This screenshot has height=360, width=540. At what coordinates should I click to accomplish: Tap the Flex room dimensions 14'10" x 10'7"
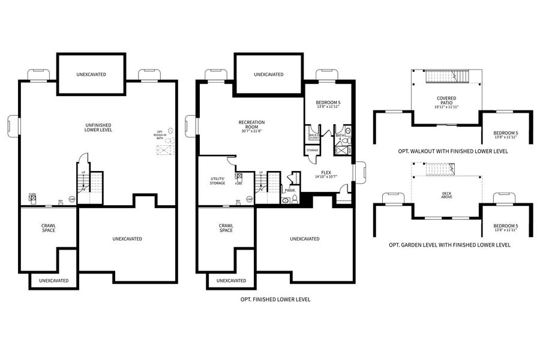tap(326, 176)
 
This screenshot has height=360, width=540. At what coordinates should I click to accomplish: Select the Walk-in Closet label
tap(313, 136)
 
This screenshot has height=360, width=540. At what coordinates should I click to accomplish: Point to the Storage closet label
tap(312, 150)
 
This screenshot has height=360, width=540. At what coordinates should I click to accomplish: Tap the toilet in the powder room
tap(286, 200)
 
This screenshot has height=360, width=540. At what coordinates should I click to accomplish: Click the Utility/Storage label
tap(218, 181)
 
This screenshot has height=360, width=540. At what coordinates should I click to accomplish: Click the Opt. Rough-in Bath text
tap(160, 134)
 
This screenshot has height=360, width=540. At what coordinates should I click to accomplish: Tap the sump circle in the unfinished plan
tap(72, 199)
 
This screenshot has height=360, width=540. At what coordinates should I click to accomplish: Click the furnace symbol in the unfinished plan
tap(32, 197)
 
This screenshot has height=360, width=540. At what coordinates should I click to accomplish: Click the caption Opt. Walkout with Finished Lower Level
tap(453, 151)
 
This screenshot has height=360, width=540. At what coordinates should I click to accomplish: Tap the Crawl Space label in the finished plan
tap(226, 228)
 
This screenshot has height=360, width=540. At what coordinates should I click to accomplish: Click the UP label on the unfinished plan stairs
tap(83, 172)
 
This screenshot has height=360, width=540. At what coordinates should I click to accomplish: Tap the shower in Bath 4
tap(340, 148)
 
